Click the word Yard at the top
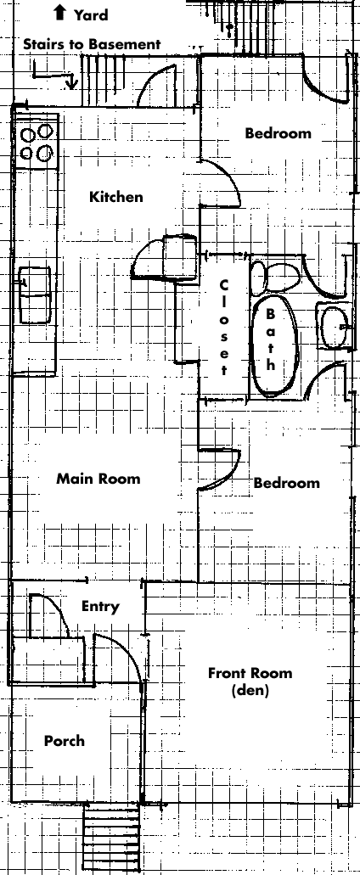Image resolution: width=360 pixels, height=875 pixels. pos(90,15)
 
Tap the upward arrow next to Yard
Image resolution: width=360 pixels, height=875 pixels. pos(59,12)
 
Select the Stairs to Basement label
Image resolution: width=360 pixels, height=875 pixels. pos(92,44)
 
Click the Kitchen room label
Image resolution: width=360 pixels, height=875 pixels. pos(116,196)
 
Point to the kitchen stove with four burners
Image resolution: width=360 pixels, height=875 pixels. pos(38,143)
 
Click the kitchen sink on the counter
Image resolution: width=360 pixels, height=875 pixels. pos(35,294)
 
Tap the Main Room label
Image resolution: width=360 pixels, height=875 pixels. pos(98,478)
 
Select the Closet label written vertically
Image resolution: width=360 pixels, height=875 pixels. pos(224,327)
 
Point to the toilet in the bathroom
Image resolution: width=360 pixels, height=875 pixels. pos(275,276)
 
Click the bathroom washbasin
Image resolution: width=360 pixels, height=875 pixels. pos(335,326)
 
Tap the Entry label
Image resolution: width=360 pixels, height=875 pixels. pos(100,607)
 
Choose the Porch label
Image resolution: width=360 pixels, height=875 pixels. pos(65,741)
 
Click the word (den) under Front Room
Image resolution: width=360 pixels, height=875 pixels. pos(250,690)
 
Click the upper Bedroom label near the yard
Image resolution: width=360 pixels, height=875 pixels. pos(278,133)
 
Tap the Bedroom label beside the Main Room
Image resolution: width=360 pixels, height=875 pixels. pos(287,483)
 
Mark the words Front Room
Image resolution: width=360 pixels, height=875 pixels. pos(250,673)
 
